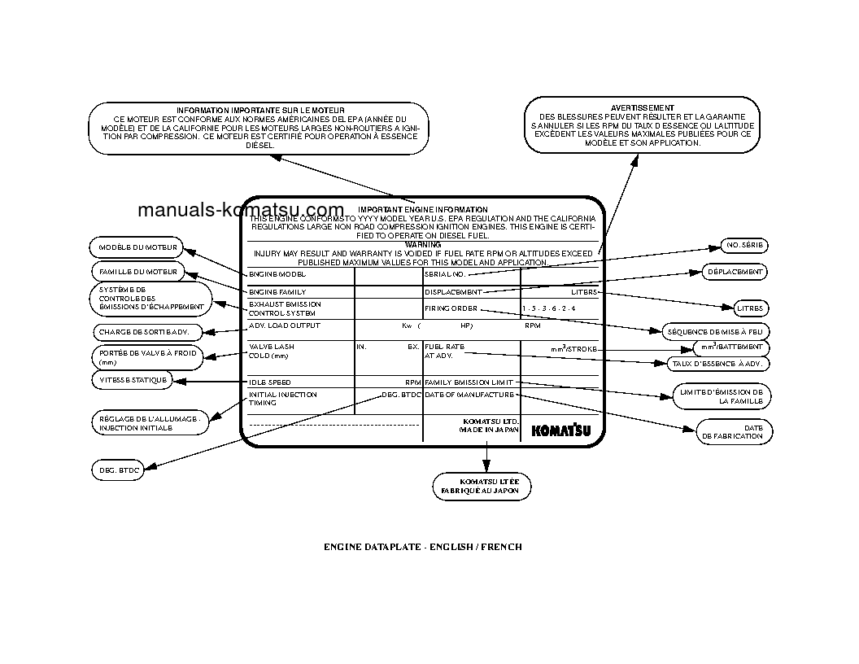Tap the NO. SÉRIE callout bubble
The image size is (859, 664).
744,246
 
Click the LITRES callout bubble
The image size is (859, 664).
747,309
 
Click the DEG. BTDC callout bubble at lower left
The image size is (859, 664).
116,470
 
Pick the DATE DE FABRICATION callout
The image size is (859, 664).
734,431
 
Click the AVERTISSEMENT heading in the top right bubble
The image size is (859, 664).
642,107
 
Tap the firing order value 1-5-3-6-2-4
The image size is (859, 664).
549,309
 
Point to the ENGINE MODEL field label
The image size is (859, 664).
277,275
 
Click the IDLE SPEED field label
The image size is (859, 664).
269,382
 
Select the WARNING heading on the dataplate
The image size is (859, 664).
422,244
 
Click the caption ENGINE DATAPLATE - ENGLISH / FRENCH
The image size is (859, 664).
423,547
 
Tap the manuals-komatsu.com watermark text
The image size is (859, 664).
241,209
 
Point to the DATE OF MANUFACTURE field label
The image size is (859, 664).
469,395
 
